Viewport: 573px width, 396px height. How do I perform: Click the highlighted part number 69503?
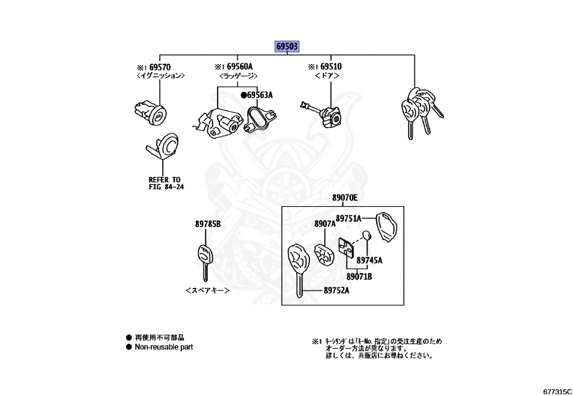pos(286,46)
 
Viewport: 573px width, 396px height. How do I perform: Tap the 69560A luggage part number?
pos(240,67)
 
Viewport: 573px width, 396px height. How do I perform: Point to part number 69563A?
pos(259,95)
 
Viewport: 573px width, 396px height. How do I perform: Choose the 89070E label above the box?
pos(344,198)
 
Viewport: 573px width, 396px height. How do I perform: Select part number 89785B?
pos(208,224)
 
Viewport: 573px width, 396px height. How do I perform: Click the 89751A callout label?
pos(348,218)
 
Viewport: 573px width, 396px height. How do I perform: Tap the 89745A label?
pos(369,260)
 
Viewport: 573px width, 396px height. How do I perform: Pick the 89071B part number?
pos(359,276)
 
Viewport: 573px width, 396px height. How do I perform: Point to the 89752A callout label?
pos(336,290)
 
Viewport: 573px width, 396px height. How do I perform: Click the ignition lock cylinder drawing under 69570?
pos(149,111)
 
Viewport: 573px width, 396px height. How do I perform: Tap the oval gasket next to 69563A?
pos(259,119)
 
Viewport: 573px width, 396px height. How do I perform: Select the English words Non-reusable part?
pos(163,347)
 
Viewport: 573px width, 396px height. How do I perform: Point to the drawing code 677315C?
pos(557,390)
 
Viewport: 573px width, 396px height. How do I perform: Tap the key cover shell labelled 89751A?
pos(387,226)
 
